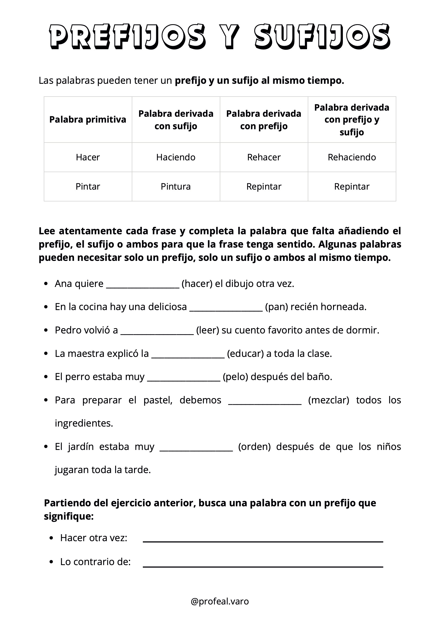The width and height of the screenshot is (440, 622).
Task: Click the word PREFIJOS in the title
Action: click(127, 37)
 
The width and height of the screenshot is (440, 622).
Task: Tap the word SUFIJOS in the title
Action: click(322, 37)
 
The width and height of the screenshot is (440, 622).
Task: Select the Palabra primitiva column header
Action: click(88, 119)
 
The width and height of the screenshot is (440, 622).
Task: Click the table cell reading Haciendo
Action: click(176, 157)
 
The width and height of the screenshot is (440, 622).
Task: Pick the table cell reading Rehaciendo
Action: click(352, 157)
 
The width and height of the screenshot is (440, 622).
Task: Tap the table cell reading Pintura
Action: click(176, 186)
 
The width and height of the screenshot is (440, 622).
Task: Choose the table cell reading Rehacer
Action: click(264, 157)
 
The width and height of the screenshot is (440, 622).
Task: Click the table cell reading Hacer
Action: click(88, 157)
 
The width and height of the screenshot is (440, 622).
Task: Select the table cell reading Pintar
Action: click(88, 186)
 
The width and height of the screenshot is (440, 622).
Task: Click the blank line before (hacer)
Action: click(143, 286)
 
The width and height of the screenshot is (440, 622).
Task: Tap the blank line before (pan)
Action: click(226, 309)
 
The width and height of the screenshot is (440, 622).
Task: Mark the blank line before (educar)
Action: click(188, 356)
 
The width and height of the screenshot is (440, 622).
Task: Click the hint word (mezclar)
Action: click(329, 400)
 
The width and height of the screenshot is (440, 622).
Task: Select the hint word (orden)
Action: click(254, 446)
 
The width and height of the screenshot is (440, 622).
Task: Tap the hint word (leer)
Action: click(207, 330)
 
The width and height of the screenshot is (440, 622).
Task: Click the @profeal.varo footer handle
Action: click(220, 601)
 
